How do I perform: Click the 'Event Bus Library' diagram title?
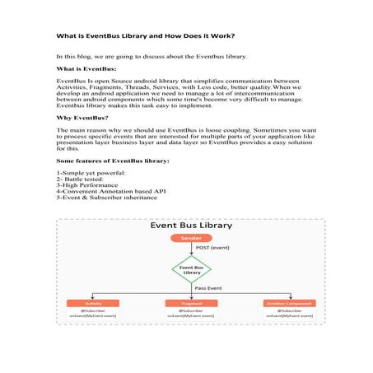pos(190,225)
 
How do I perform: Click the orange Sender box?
pos(190,238)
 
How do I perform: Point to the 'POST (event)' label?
pos(212,247)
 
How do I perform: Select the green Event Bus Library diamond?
pos(190,268)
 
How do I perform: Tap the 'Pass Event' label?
pos(207,289)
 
